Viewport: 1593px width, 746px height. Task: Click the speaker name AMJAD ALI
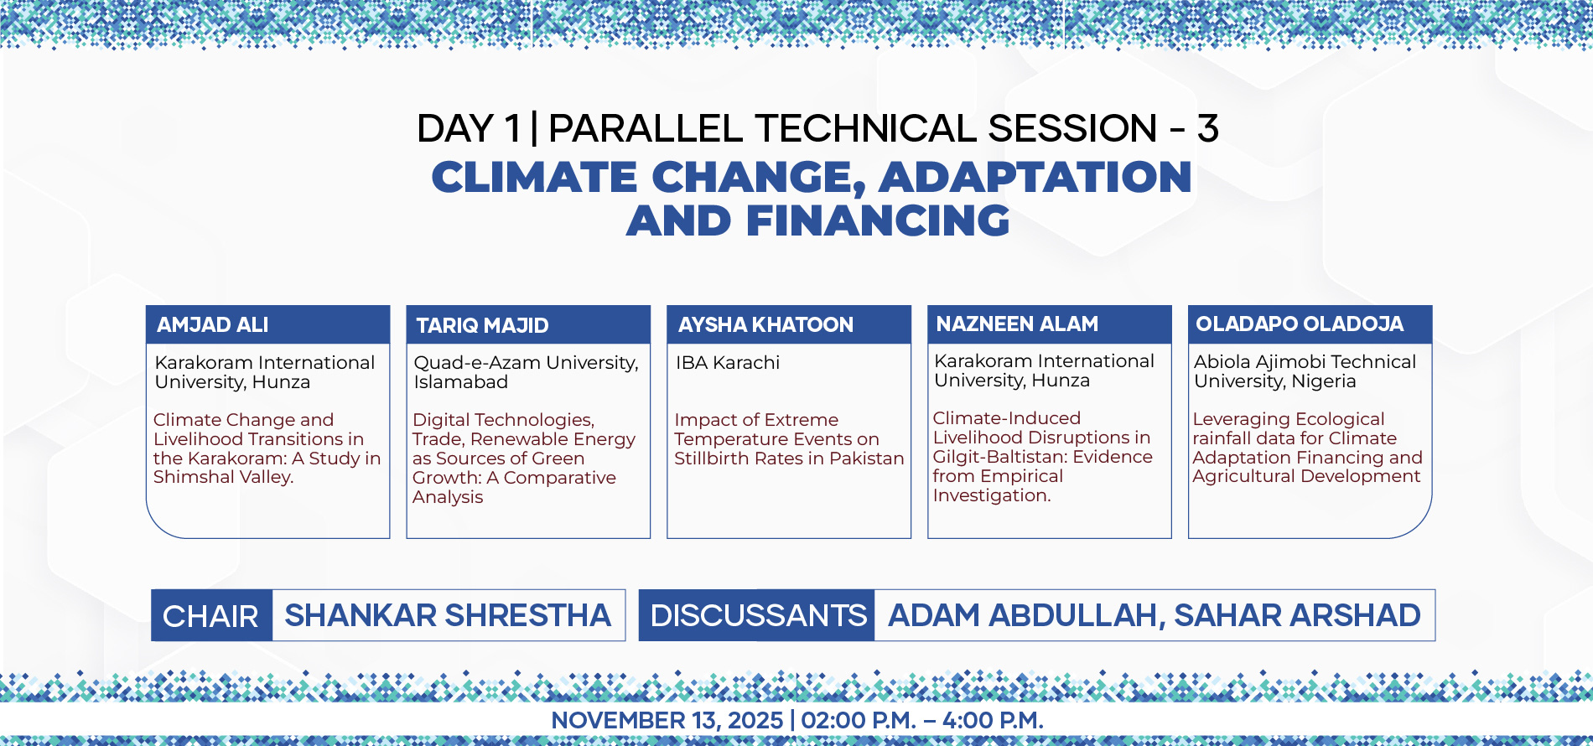coord(213,325)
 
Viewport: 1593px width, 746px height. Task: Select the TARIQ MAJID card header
coord(528,325)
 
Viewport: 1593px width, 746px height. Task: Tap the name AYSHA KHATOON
coord(765,325)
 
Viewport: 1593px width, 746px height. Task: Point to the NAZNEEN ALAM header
coord(1050,324)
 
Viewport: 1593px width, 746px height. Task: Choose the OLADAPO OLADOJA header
coord(1310,324)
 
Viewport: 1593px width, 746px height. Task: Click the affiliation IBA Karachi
coord(728,363)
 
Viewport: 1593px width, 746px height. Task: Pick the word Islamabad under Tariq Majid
coord(460,382)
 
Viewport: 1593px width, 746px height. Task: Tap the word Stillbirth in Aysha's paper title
coord(713,458)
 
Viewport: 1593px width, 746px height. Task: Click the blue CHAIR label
coord(210,616)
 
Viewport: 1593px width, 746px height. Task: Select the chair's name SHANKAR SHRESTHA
coord(448,615)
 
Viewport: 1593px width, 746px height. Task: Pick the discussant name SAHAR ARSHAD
coord(1297,615)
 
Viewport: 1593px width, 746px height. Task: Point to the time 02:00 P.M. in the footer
coord(859,720)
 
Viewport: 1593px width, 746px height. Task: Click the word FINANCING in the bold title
coord(878,220)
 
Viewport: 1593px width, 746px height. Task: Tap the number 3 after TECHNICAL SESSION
coord(1208,128)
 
